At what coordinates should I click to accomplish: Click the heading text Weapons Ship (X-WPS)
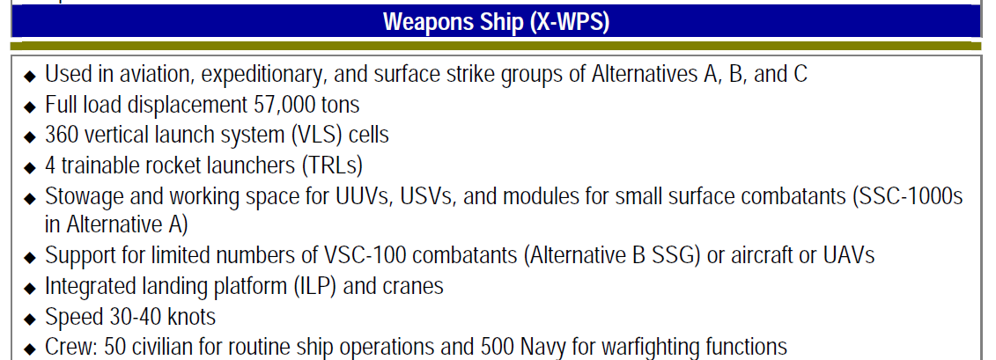click(x=497, y=22)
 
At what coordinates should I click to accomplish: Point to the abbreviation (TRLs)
click(x=329, y=165)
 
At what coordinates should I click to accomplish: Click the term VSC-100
click(x=359, y=255)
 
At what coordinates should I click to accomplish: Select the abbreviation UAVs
click(x=849, y=255)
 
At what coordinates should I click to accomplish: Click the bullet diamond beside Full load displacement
click(x=31, y=107)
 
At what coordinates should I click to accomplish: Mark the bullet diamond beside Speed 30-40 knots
click(x=31, y=319)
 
